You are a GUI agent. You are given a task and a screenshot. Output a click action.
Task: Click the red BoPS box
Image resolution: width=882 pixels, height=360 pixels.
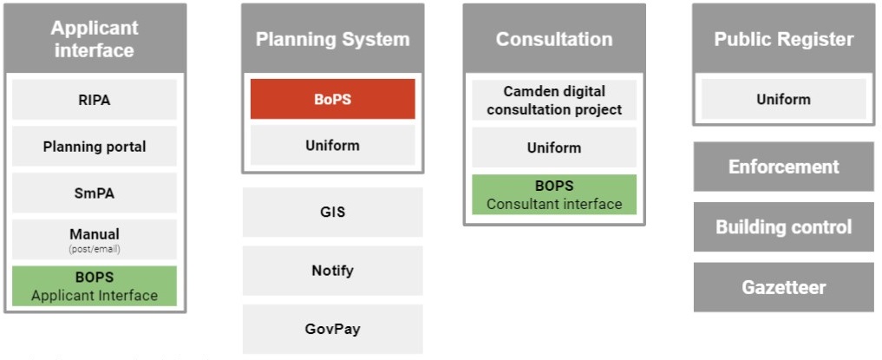[x=332, y=99]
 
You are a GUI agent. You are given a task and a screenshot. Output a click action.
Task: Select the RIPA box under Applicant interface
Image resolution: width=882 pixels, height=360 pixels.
[x=95, y=100]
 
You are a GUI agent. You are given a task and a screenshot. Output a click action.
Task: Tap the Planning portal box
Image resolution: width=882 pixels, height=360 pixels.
[x=95, y=147]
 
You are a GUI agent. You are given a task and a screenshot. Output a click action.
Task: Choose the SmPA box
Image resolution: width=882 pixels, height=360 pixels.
[x=95, y=193]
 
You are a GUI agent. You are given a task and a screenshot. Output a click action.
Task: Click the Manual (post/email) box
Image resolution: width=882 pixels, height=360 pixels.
[x=95, y=239]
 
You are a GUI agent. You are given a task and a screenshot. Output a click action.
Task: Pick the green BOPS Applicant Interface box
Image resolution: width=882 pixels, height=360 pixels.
[x=95, y=286]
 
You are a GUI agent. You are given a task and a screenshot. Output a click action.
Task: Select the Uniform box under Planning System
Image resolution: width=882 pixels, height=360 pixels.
[x=332, y=145]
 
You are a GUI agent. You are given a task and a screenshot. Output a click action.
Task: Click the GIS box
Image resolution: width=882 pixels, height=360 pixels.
[x=332, y=212]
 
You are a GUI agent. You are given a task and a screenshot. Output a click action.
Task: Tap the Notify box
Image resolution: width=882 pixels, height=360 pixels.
[x=332, y=271]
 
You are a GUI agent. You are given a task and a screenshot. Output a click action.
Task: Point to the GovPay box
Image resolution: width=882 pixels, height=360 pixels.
[x=332, y=329]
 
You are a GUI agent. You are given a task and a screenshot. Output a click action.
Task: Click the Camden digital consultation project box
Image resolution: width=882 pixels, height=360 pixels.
[x=554, y=100]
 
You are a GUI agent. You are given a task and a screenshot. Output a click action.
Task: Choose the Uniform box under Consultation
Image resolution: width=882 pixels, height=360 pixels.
[x=554, y=147]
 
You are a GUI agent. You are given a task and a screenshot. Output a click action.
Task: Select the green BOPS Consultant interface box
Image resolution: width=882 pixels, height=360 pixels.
[x=554, y=194]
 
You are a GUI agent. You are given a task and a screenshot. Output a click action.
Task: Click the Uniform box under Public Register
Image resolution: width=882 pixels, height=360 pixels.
[x=783, y=99]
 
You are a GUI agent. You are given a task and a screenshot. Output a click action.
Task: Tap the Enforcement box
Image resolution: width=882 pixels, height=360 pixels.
[x=783, y=167]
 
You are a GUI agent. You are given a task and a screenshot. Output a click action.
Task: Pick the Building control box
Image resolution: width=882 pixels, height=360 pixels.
[x=783, y=226]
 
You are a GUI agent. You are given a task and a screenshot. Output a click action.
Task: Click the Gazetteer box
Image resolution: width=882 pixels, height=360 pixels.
[x=783, y=287]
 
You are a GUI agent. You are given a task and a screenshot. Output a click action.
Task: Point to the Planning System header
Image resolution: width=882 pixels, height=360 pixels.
[x=332, y=39]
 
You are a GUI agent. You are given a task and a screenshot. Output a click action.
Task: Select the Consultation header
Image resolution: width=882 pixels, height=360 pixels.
[x=554, y=39]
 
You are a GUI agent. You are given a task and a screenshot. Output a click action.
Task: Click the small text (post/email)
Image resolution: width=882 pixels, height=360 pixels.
[x=95, y=249]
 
